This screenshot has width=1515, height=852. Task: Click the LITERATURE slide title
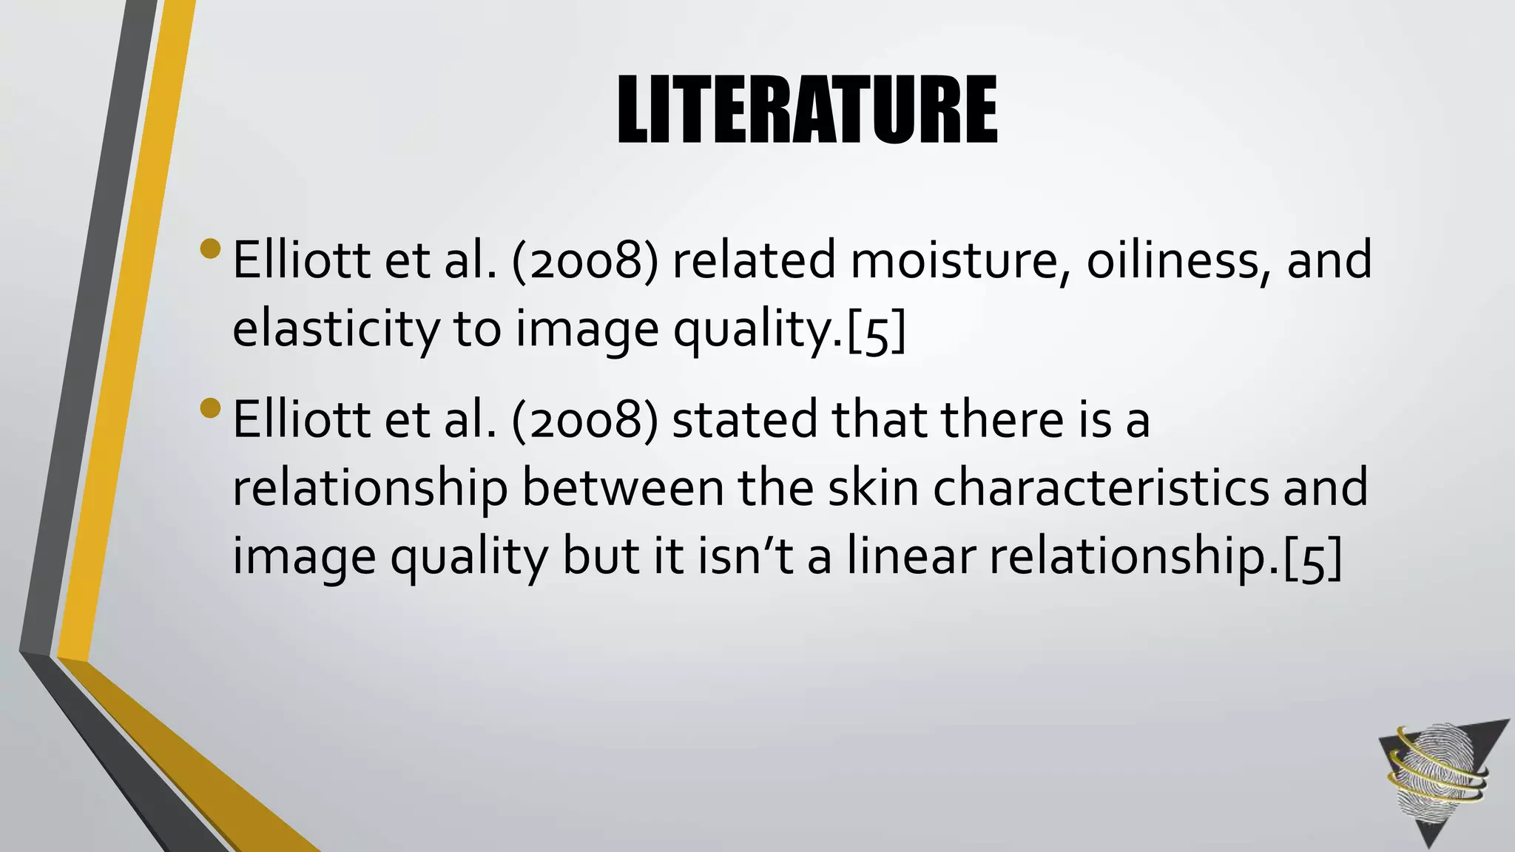point(807,110)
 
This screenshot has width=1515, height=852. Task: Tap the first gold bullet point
point(210,248)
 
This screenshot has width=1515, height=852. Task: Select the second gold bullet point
point(210,408)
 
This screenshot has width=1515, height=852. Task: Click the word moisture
point(955,260)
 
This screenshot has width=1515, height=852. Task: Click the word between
point(623,488)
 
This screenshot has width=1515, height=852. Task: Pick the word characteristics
point(1101,488)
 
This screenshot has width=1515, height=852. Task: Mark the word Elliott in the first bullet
point(302,260)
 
